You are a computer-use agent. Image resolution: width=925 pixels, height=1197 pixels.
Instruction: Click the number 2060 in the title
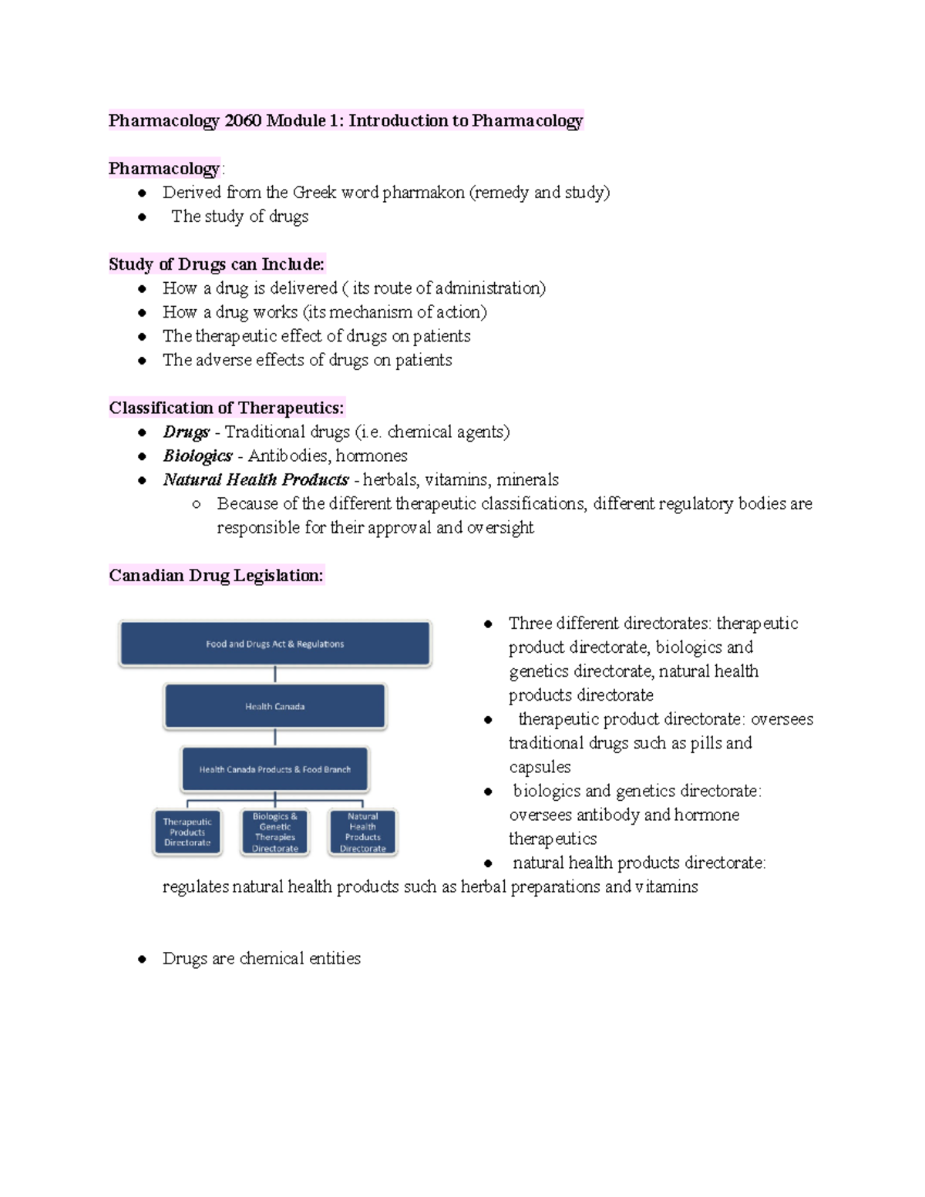click(243, 121)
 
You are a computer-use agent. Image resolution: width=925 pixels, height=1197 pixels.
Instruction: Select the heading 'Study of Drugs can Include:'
click(217, 264)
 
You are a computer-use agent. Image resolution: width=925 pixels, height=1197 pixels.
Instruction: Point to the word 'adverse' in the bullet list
click(224, 360)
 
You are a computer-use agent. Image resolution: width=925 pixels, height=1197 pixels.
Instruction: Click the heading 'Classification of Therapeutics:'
click(227, 408)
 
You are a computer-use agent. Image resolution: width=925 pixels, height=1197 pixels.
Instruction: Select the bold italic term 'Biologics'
click(197, 456)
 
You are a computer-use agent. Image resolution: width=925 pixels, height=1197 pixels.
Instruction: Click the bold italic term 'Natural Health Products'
click(256, 479)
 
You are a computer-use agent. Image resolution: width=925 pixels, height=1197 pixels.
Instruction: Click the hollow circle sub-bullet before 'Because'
click(197, 504)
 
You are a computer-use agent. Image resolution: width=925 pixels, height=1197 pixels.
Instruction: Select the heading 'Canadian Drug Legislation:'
click(216, 576)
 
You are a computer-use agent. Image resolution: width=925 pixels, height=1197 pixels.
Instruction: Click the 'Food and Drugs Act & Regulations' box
click(275, 644)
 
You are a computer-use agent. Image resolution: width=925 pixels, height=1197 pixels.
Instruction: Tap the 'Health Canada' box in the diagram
click(275, 706)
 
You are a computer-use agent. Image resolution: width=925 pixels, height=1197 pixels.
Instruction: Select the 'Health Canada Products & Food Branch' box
click(275, 769)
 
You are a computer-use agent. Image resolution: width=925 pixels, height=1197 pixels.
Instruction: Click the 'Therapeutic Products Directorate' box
click(187, 832)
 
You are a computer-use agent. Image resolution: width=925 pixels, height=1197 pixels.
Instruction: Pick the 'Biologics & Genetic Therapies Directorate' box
click(275, 832)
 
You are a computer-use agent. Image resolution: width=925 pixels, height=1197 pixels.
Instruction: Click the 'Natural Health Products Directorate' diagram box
click(362, 832)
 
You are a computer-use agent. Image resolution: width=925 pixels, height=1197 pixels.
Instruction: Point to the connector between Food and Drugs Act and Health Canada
click(275, 675)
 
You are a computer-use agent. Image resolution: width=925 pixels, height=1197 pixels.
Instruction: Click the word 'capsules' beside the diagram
click(540, 767)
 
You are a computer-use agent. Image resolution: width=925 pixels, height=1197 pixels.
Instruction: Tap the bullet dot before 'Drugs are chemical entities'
click(142, 960)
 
